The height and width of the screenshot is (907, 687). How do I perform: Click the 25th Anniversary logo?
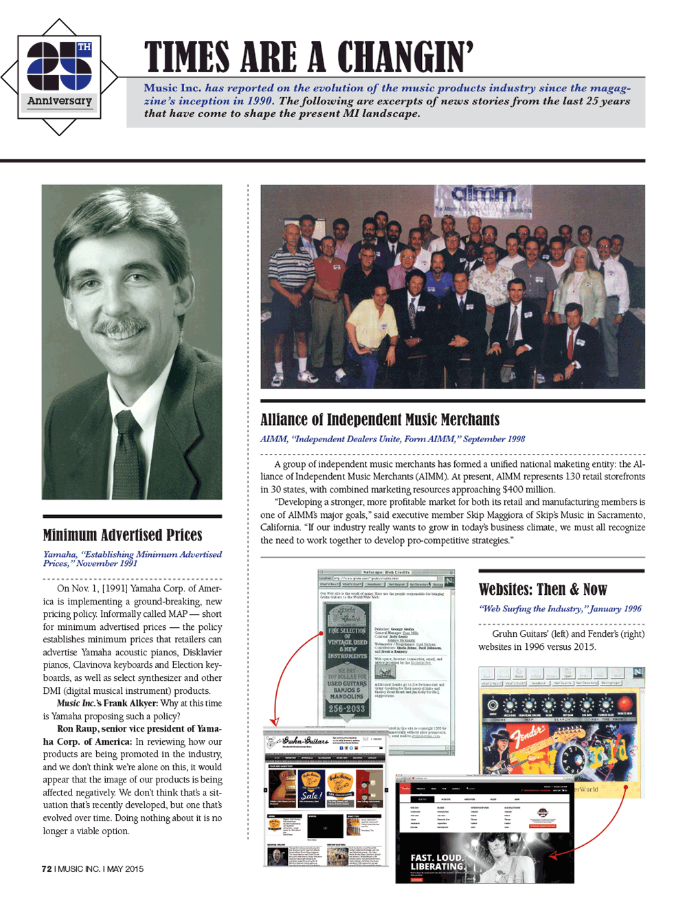pos(59,76)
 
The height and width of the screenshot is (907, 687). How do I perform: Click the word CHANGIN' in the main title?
pos(405,57)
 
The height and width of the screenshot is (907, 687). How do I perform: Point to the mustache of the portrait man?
pos(122,326)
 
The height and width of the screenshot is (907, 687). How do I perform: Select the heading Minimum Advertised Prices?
pos(122,535)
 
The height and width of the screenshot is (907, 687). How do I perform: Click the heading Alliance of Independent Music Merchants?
pos(380,419)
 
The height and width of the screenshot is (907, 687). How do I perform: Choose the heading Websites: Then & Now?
pos(543,589)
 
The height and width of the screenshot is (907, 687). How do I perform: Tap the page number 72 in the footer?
pos(47,868)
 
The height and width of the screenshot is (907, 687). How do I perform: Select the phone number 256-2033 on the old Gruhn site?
pos(347,708)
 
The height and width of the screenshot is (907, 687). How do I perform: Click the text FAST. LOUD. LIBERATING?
pos(438,862)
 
